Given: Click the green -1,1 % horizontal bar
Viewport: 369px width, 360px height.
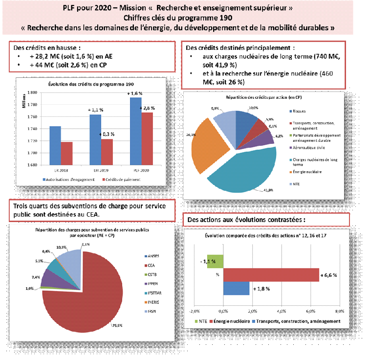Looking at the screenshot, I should click(x=215, y=262).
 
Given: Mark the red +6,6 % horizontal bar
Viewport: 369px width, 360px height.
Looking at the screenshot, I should click(x=271, y=275).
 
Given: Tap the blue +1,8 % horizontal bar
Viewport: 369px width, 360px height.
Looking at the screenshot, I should click(x=236, y=289).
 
